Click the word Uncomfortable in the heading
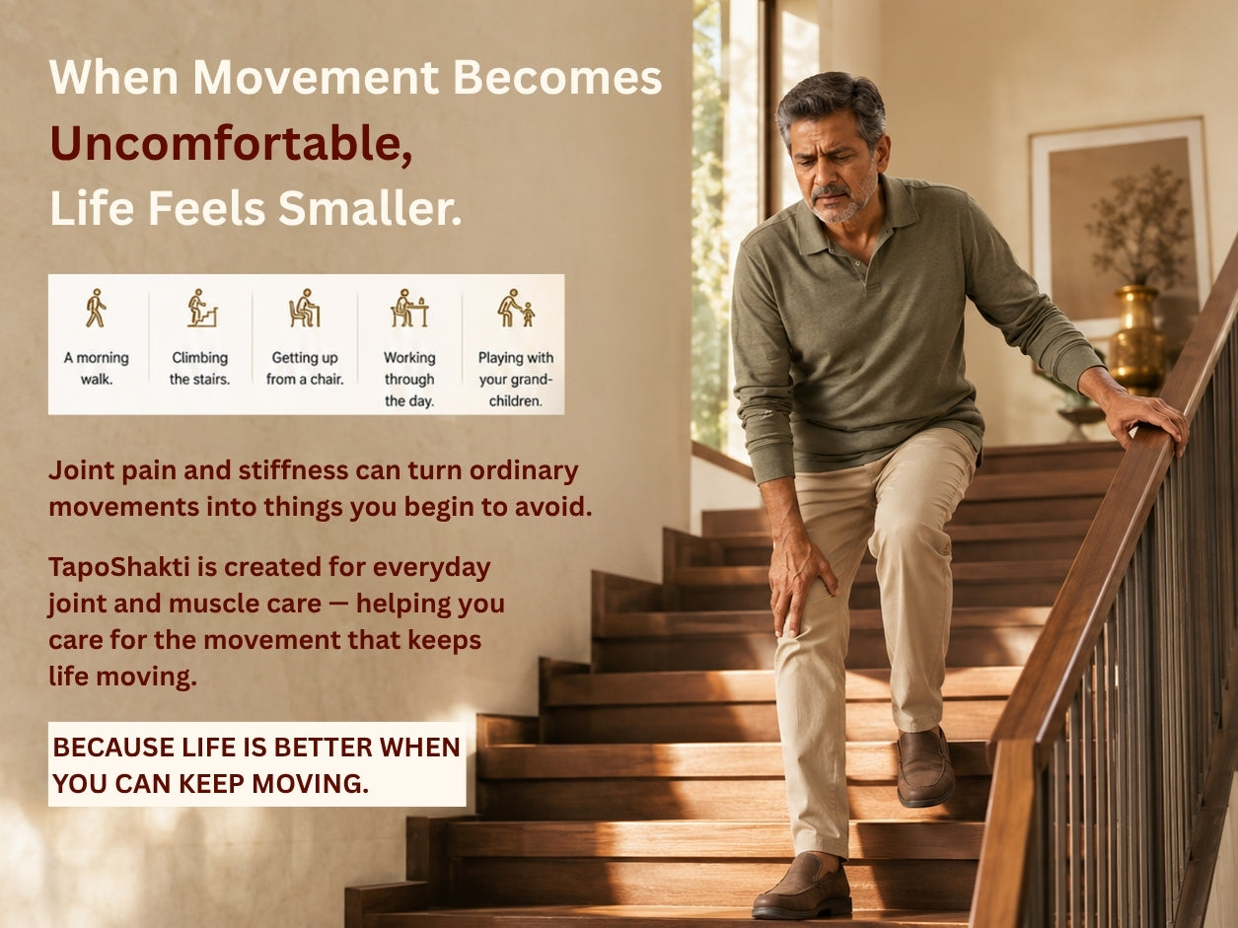pos(226,143)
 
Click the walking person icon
pos(96,309)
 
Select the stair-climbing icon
pos(202,309)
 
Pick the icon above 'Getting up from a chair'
pos(305,309)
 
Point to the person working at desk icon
pos(409,309)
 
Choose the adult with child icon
pos(516,309)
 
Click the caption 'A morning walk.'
pos(97,368)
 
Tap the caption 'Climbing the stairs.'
pos(200,368)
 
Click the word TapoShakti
pos(119,567)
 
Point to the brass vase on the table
pos(1138,338)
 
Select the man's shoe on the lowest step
pos(802,886)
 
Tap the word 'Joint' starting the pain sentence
pos(81,471)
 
